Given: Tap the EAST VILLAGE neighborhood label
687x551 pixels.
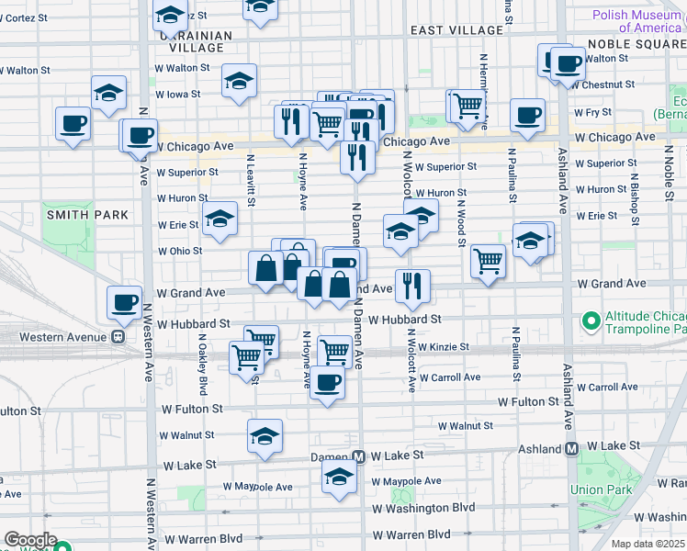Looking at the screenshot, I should point(456,30).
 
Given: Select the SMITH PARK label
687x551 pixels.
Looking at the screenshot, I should point(74,214).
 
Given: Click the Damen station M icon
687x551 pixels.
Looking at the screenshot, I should point(360,456).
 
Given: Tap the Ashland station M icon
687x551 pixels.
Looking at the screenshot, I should point(571,449).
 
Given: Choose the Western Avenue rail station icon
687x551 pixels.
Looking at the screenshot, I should point(118,336).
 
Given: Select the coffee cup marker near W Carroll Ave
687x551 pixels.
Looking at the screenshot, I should point(326,382).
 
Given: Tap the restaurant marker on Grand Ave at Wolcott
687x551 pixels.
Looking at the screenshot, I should point(411,287).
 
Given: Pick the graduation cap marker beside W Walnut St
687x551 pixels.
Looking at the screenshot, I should point(265,435).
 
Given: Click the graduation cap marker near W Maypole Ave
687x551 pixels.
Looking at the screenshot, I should point(339,477).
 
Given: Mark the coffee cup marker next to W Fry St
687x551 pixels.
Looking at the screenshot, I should point(527,115).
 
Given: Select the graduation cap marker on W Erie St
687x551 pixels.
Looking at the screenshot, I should point(220,219).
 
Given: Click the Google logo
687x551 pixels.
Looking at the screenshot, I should point(30,540).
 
